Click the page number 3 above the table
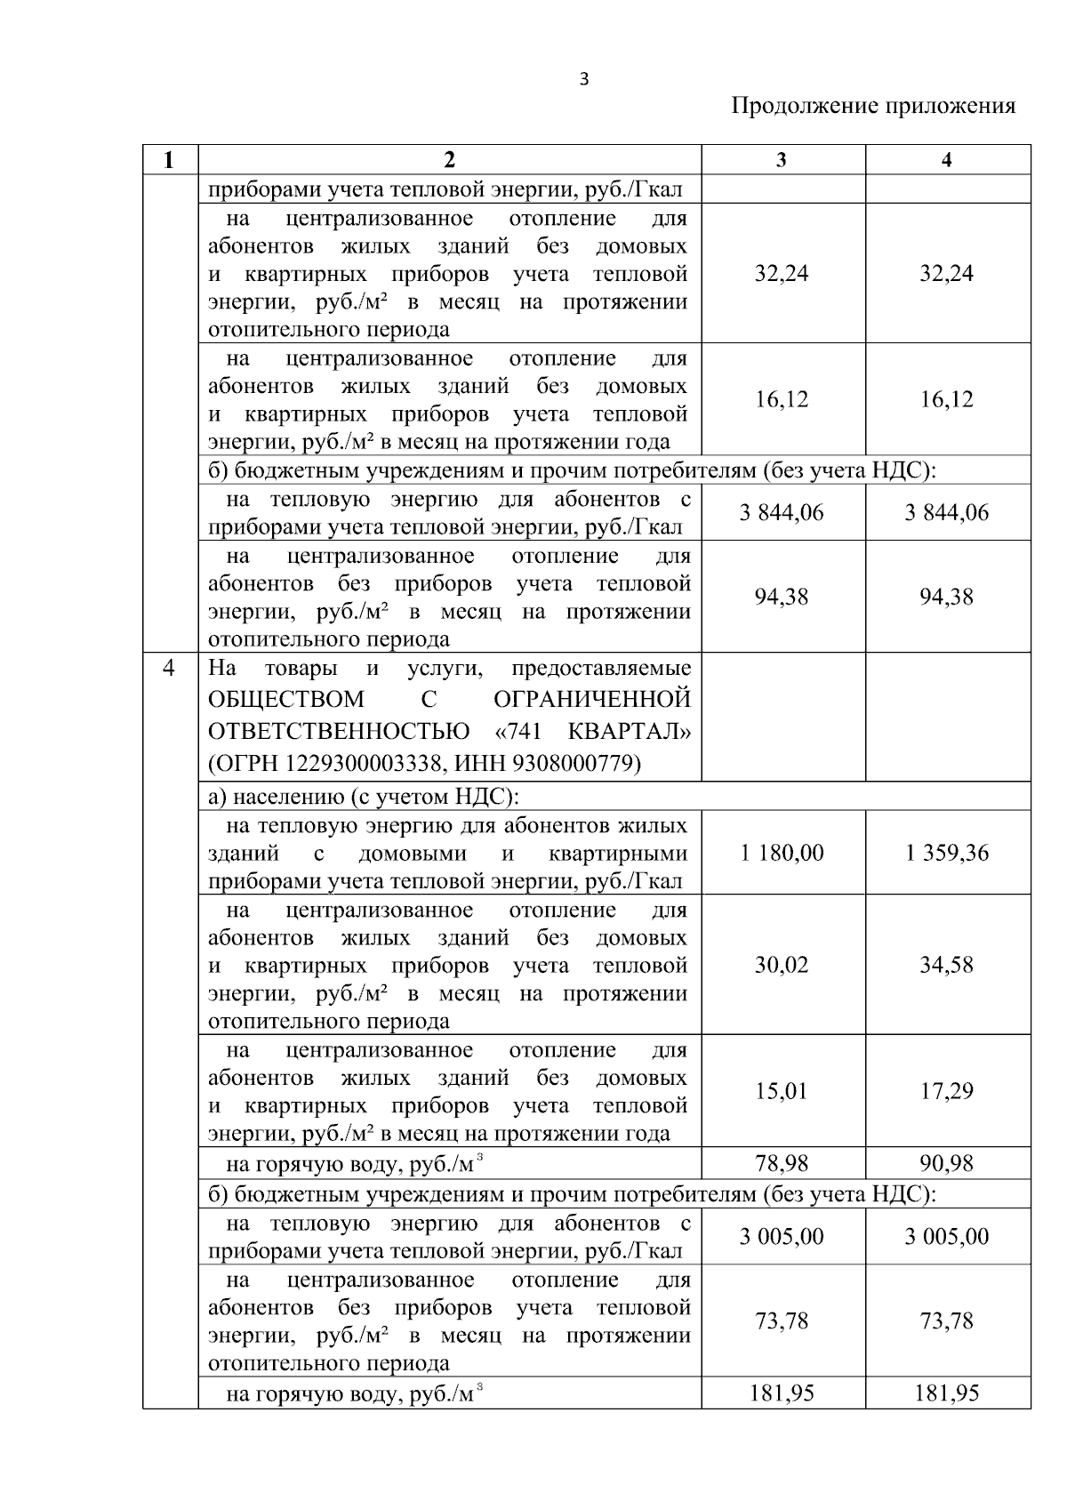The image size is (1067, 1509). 583,79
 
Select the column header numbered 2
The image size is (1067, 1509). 449,160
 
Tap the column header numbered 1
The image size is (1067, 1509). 169,160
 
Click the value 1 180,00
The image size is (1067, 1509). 782,853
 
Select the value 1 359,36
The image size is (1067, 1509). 946,853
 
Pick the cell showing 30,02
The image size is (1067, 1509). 782,965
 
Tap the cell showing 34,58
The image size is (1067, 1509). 946,965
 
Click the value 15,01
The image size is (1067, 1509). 782,1091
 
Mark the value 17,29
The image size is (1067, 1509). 946,1091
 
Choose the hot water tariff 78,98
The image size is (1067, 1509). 782,1162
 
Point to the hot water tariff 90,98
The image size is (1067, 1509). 946,1162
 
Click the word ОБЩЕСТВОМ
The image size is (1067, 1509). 286,699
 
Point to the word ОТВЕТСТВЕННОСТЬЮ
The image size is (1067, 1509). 340,732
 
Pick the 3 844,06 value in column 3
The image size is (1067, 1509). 782,512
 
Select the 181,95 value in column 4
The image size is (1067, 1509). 946,1393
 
